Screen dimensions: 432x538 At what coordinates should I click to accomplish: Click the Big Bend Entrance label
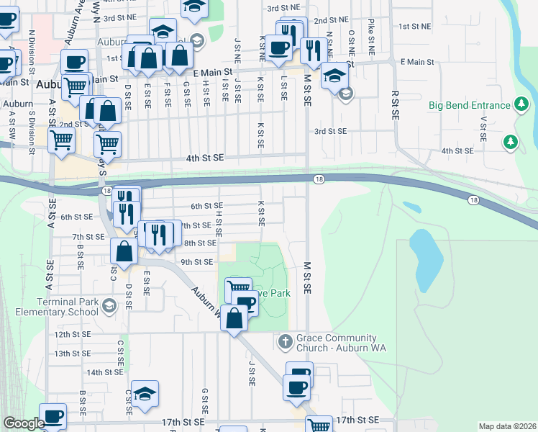click(469, 105)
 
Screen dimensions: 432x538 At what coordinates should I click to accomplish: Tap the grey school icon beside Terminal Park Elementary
click(109, 306)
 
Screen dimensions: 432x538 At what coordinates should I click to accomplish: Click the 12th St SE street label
click(73, 334)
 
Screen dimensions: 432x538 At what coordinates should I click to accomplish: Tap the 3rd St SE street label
click(330, 131)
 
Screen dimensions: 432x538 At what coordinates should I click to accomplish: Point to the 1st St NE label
click(414, 26)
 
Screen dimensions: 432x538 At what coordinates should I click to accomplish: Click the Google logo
click(24, 423)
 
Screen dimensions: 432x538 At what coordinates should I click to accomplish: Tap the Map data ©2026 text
click(507, 426)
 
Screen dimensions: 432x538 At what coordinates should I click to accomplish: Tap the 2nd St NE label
click(331, 20)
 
